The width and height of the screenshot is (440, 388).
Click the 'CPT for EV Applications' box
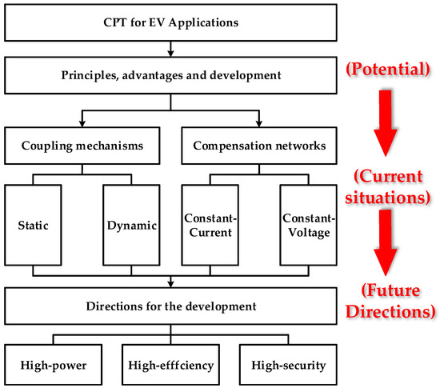tap(171, 22)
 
